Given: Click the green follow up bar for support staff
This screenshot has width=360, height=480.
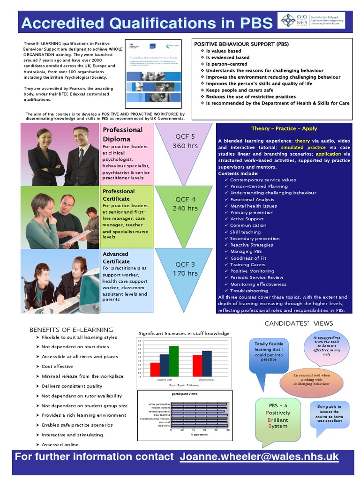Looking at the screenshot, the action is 174,361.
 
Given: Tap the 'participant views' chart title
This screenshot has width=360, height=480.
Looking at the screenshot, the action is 185,394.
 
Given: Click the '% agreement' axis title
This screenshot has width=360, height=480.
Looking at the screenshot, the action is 199,435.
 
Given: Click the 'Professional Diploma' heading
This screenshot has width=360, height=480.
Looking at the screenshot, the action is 122,134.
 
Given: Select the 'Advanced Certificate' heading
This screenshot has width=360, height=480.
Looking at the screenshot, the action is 116,257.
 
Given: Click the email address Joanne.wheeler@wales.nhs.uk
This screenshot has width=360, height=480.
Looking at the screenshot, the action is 259,457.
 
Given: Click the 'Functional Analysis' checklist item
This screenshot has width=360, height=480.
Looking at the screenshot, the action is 252,199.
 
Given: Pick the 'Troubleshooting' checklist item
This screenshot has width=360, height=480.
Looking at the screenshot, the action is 249,291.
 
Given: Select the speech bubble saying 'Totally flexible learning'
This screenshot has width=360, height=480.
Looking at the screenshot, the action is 269,352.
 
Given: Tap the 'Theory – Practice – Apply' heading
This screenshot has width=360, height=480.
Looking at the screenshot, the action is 284,128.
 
